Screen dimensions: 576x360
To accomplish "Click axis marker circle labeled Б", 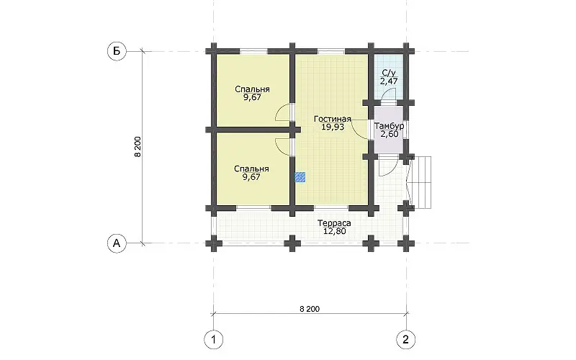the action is (x=117, y=51).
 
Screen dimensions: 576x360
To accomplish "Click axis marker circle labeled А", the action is (x=117, y=243).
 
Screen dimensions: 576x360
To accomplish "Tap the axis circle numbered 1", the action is (x=213, y=339).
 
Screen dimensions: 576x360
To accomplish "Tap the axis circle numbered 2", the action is (x=406, y=339).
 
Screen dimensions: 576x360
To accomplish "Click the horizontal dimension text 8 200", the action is (x=310, y=309).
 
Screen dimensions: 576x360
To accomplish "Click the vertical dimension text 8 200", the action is (x=138, y=147).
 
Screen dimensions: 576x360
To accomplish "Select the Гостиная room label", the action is (x=333, y=119).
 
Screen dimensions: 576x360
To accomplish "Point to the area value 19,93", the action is (x=333, y=127).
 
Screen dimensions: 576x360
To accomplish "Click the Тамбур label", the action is (x=390, y=126).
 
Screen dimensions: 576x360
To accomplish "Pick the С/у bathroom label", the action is (x=390, y=73).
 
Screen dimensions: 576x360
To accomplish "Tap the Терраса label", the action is (x=334, y=223).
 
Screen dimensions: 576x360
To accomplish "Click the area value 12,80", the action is (x=334, y=231).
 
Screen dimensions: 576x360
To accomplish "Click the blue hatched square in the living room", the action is (x=300, y=177).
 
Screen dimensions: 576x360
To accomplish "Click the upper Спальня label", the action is (x=253, y=89).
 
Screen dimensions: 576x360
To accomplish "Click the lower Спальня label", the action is (x=251, y=168).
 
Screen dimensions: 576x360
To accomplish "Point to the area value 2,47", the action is (x=389, y=81).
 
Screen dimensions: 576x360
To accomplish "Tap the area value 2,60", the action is (x=390, y=134).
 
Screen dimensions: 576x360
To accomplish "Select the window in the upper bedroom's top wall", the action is (x=253, y=51).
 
